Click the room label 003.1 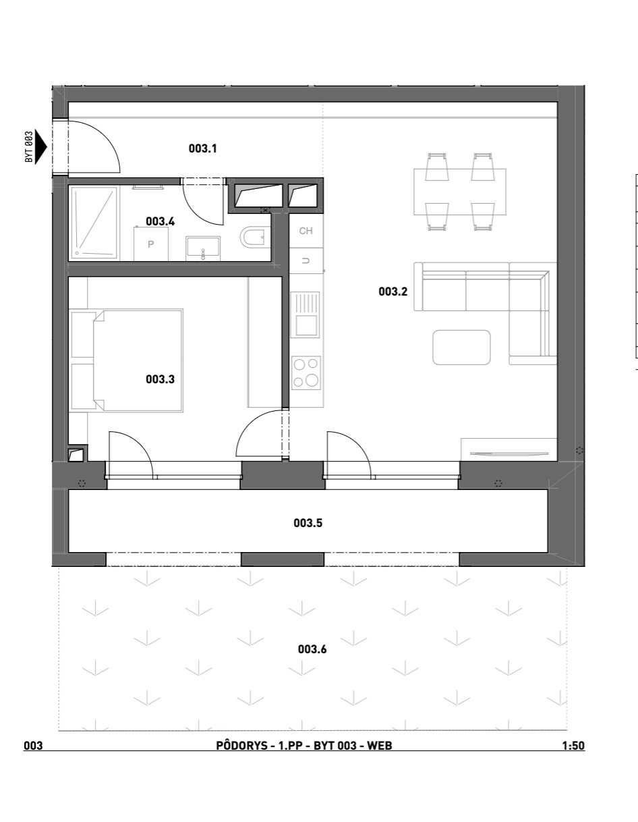202,148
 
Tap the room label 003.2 393,292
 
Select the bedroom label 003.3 161,379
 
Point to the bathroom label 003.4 161,221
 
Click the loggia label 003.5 308,523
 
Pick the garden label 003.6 312,649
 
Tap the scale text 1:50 573,746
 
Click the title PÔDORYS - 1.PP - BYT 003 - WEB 304,745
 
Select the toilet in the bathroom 255,238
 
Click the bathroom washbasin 203,248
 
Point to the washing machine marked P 151,244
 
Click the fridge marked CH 306,231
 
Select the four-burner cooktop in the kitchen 306,373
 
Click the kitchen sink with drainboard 305,314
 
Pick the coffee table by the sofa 461,348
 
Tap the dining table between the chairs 460,192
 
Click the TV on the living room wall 509,453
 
